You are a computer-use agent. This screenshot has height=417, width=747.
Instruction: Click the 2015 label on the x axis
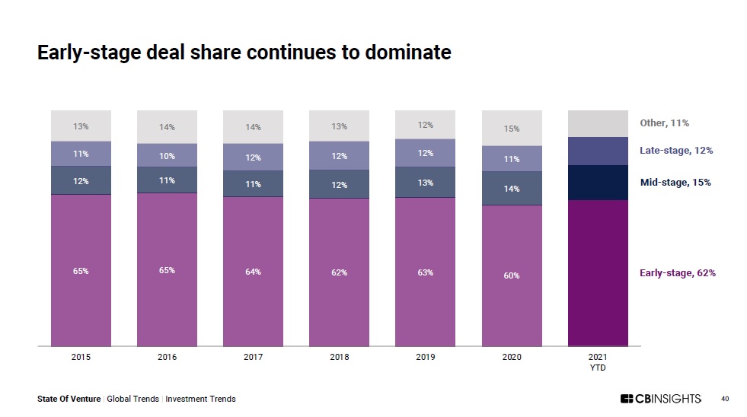81,357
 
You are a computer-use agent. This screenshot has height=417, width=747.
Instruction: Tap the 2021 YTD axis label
598,361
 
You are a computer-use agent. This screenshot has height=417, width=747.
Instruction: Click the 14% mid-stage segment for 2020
512,188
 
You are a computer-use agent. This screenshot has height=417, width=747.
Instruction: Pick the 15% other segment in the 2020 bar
512,129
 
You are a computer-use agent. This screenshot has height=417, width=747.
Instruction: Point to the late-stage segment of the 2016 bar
167,156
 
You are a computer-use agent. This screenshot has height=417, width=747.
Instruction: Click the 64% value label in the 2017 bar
253,272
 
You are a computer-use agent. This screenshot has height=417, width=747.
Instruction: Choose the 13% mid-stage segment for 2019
425,183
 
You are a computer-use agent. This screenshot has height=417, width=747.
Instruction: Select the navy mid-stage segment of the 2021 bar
598,183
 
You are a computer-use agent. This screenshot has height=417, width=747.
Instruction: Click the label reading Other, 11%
664,123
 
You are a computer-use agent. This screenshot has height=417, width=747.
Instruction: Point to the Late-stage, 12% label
675,151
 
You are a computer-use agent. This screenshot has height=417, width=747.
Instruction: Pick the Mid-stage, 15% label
675,183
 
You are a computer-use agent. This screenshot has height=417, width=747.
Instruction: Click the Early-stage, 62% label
677,273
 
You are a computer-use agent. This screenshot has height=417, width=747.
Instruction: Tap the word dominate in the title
408,53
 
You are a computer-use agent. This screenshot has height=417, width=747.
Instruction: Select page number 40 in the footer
725,399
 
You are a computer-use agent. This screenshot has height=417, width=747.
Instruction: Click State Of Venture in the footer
69,399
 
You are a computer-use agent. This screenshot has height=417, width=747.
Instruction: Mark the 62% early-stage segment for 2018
339,272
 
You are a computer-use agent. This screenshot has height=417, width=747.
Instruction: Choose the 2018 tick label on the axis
339,357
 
